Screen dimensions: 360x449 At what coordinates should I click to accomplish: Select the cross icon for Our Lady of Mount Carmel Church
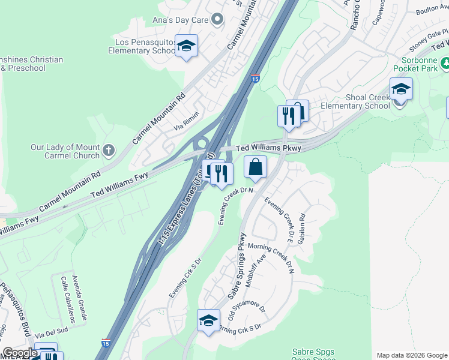(x=109, y=150)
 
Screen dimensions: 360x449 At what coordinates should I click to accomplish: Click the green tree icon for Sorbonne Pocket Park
(x=445, y=63)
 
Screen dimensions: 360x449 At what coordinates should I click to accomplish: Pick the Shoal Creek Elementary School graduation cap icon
(x=401, y=89)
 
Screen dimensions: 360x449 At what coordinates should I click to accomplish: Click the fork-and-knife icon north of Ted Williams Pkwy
(x=288, y=115)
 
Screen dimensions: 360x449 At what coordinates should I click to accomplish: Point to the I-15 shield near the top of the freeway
(x=255, y=79)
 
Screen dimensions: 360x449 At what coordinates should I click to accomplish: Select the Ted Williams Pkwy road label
(x=267, y=147)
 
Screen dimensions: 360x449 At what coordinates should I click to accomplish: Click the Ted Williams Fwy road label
(x=119, y=185)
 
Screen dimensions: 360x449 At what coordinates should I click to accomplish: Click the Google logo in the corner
(x=20, y=353)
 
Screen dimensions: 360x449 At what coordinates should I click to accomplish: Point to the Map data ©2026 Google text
(x=412, y=355)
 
